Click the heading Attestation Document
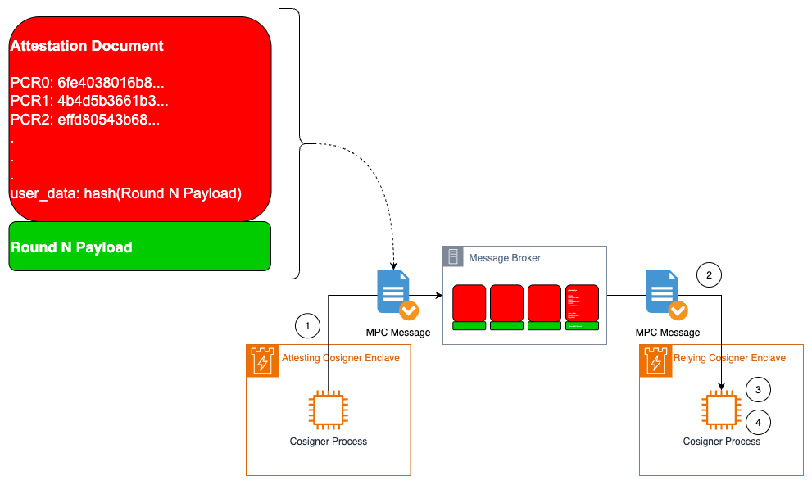[x=87, y=47]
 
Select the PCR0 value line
[x=88, y=84]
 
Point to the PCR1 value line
[x=88, y=102]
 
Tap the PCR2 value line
[x=84, y=120]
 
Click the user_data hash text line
[x=125, y=194]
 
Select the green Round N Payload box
[x=139, y=247]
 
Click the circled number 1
[x=307, y=326]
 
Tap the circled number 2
[x=709, y=274]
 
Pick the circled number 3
[x=758, y=390]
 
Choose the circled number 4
[x=758, y=423]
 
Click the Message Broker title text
[x=504, y=258]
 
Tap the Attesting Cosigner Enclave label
[x=340, y=358]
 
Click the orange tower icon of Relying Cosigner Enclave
[x=655, y=360]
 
